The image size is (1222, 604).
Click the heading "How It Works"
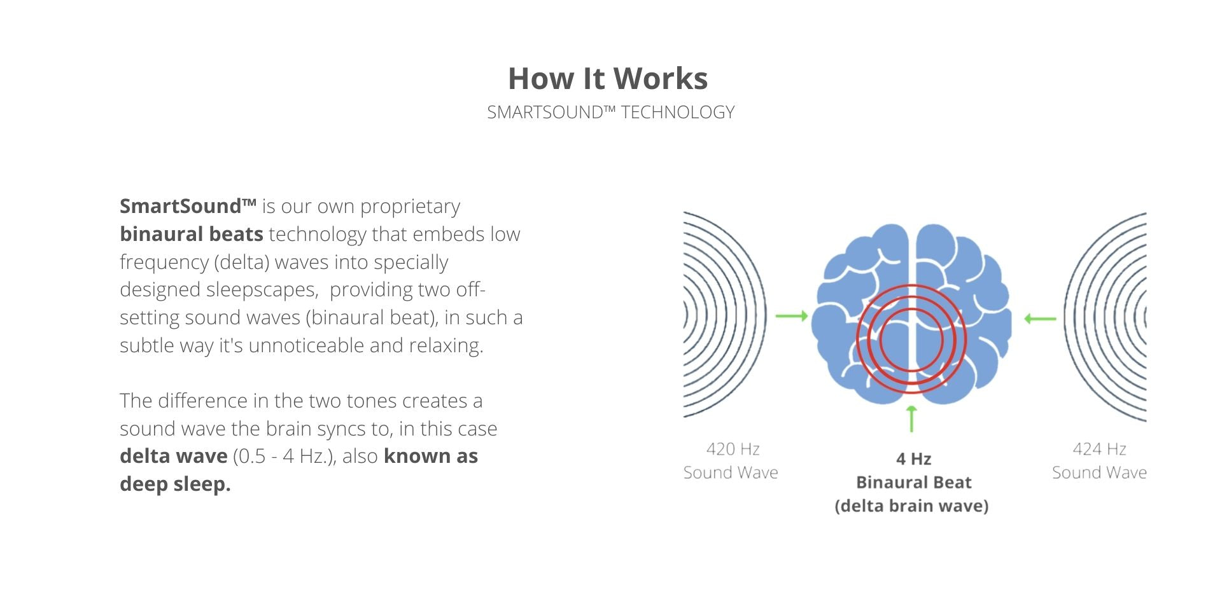608,79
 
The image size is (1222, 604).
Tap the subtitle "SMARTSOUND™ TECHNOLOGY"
611,113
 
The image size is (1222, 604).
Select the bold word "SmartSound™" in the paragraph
188,206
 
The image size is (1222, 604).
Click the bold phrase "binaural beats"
192,234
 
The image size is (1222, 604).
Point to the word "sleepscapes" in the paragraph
262,290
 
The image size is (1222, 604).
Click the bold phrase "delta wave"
174,456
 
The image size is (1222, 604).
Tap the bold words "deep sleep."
175,484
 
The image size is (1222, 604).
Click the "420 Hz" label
733,449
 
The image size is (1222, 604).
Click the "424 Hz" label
1099,449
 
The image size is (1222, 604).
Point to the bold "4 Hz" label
913,458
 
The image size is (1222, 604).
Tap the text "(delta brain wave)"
911,505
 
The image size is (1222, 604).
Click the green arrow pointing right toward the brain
792,316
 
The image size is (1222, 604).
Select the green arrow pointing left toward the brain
1040,319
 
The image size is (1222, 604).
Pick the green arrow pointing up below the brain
911,419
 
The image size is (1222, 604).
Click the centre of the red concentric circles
911,340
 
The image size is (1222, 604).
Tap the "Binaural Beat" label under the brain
913,482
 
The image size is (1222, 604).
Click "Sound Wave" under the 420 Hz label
731,472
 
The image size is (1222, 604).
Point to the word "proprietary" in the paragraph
410,207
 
